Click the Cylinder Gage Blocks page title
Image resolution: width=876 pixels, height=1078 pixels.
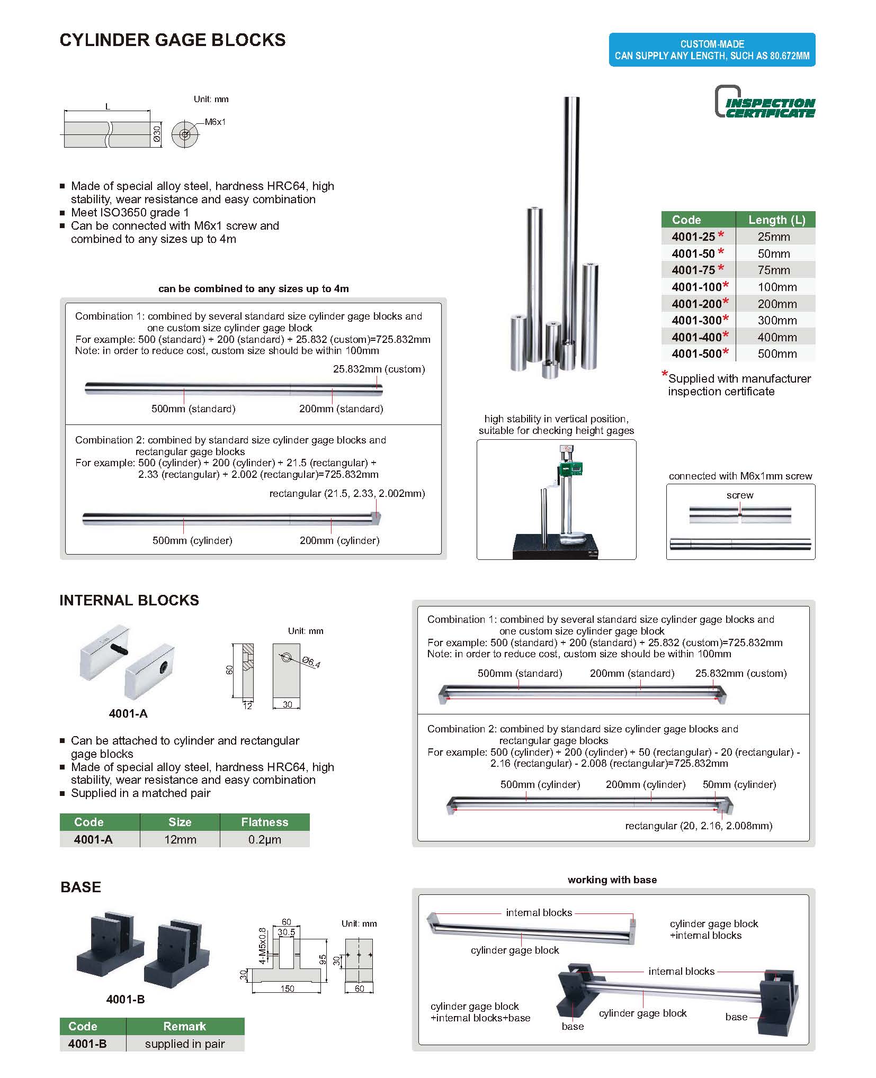point(172,40)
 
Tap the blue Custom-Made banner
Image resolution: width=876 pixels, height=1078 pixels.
point(711,50)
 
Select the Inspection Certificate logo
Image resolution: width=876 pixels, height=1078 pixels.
point(765,102)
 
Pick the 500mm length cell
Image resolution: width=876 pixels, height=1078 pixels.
point(776,354)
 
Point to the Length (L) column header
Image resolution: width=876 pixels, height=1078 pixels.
point(776,220)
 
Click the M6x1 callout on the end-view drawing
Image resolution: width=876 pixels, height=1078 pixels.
point(215,122)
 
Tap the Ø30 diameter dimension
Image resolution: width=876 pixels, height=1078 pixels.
point(157,134)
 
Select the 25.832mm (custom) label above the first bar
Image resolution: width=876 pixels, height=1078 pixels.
point(379,369)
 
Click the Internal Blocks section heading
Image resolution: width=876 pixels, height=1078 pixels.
point(129,600)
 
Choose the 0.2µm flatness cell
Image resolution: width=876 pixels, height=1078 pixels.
point(264,839)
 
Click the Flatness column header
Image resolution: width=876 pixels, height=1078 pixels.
point(264,822)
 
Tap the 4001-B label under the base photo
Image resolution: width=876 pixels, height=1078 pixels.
point(126,999)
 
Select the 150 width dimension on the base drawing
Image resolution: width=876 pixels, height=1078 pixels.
point(287,988)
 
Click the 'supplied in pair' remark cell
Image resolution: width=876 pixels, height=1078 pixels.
point(185,1044)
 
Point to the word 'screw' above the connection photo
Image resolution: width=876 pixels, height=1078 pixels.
point(739,495)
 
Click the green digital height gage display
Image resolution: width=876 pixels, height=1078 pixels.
point(569,468)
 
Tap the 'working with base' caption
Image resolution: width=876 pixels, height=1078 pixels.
point(612,880)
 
